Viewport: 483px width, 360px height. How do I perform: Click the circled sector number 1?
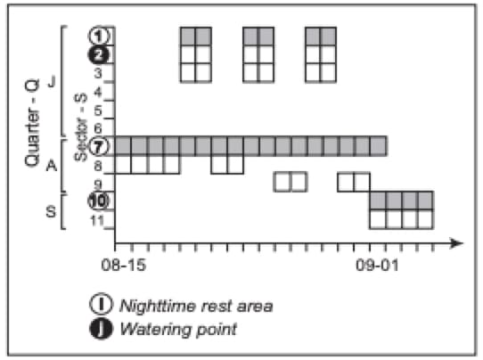click(x=99, y=36)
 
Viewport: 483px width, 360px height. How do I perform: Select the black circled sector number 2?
click(x=99, y=55)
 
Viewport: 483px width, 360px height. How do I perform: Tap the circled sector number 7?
click(x=99, y=147)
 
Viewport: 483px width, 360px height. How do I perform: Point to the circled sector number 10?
click(x=99, y=200)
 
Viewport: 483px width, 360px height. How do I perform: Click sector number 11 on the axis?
click(x=97, y=220)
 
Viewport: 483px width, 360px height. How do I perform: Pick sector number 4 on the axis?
click(x=98, y=92)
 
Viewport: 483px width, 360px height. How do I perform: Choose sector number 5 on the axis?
click(x=98, y=110)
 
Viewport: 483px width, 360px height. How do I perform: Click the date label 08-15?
click(x=123, y=265)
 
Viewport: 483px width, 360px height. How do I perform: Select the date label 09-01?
click(x=377, y=265)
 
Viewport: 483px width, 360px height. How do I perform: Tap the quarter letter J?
click(x=52, y=82)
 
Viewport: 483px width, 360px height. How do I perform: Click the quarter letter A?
click(x=52, y=166)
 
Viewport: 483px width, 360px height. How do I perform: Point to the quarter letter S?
click(x=51, y=211)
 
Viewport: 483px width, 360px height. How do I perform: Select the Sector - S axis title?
click(x=81, y=127)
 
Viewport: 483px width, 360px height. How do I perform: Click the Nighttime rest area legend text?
click(x=196, y=307)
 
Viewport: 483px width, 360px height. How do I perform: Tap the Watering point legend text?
click(x=178, y=329)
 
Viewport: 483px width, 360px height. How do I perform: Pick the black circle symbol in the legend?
click(x=101, y=329)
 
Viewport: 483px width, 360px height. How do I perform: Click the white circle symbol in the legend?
click(x=101, y=304)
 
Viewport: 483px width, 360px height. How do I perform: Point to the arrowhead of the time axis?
click(x=456, y=243)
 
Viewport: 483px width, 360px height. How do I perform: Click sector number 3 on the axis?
click(x=98, y=73)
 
